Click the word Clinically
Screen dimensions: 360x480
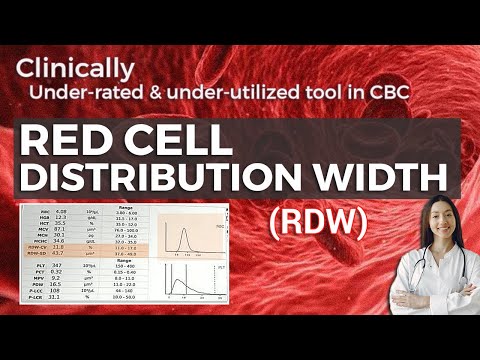pos(76,68)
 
